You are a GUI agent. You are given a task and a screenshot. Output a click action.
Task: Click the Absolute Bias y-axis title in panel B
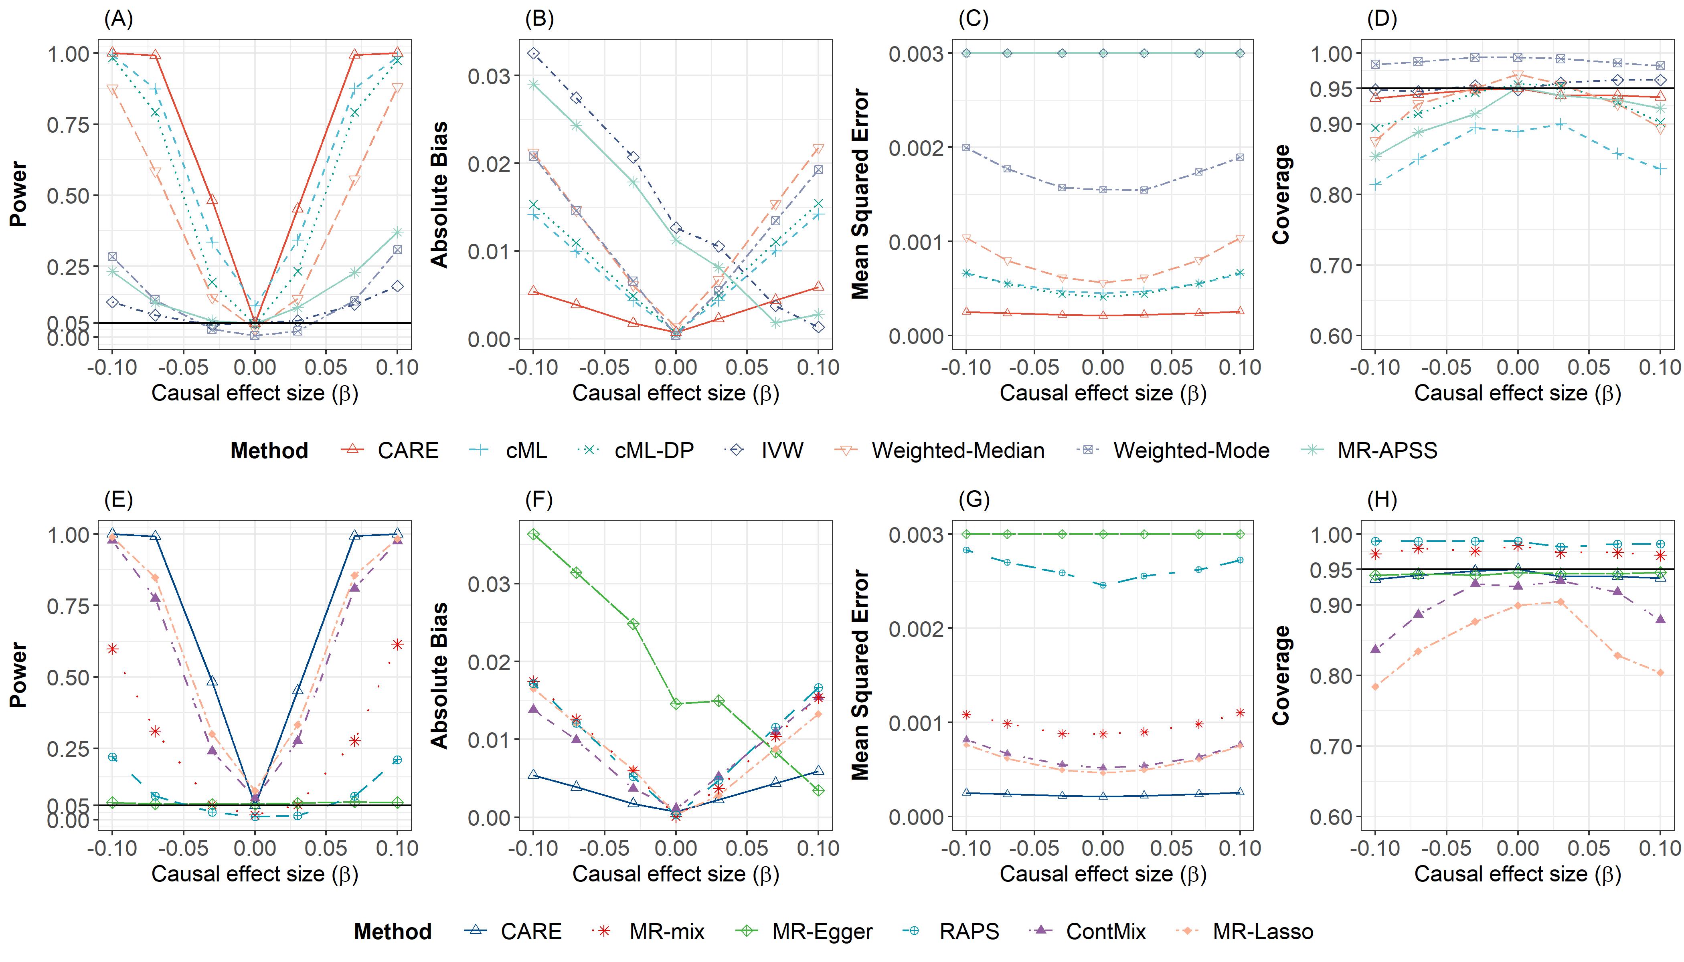(439, 194)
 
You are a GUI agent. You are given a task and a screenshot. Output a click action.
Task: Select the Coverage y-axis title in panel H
(1281, 675)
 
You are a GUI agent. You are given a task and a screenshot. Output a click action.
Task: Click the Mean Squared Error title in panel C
(860, 194)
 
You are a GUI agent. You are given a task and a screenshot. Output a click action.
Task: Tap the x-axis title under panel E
(255, 874)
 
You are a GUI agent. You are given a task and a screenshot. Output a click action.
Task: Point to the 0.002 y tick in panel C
(915, 148)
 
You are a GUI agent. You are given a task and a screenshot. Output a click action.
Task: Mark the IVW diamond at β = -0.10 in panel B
(533, 54)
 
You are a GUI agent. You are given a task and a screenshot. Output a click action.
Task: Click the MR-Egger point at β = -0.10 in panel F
(533, 534)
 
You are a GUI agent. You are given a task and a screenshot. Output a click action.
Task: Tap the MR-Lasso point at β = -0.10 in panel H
(1375, 687)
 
